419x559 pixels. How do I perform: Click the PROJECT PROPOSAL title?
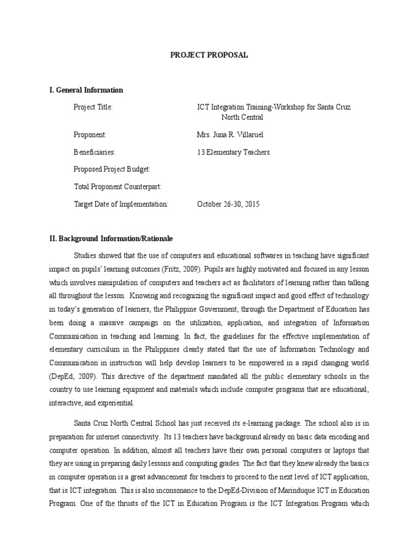tap(210, 55)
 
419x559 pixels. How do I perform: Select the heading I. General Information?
tap(86, 90)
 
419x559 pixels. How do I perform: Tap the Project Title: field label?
tap(93, 107)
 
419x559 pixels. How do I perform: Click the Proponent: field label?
tap(89, 134)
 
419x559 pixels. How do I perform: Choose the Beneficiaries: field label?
tap(94, 152)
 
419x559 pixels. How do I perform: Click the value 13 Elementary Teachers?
tap(233, 152)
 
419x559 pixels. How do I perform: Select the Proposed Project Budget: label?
tap(111, 169)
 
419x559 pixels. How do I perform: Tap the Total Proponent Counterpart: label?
tap(117, 187)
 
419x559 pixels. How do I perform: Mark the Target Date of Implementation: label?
tap(121, 204)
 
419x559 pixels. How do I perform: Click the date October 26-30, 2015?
tap(228, 204)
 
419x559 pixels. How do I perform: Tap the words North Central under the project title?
tap(242, 117)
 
